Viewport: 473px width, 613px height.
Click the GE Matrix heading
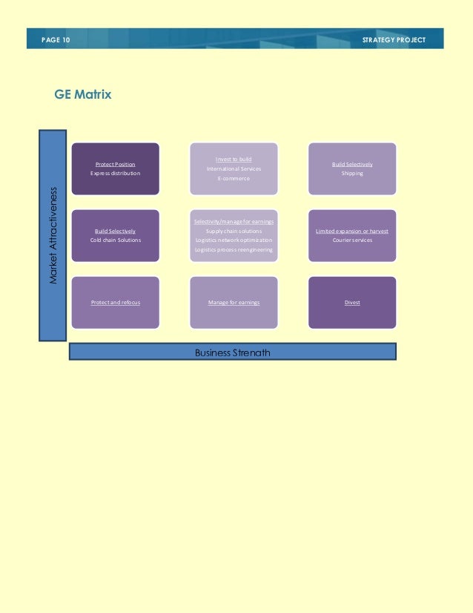83,94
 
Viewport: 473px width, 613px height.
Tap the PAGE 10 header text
56,39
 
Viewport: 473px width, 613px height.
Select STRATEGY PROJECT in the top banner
394,39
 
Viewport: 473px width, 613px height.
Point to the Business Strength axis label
233,353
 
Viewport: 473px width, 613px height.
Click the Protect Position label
115,164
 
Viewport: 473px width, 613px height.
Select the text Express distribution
115,173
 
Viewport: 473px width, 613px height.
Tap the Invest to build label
234,159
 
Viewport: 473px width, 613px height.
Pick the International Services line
234,168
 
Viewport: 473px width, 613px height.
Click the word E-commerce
234,178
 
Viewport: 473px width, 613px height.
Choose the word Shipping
352,173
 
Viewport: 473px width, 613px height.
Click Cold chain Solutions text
115,240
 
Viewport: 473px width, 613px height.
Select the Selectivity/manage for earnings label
234,222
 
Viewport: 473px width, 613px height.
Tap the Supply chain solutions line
234,231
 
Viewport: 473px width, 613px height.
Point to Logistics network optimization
234,240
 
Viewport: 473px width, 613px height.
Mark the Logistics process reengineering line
234,249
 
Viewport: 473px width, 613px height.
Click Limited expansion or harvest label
352,231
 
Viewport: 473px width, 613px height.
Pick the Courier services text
352,240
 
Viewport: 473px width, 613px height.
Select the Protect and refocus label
115,302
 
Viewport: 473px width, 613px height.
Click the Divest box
352,302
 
